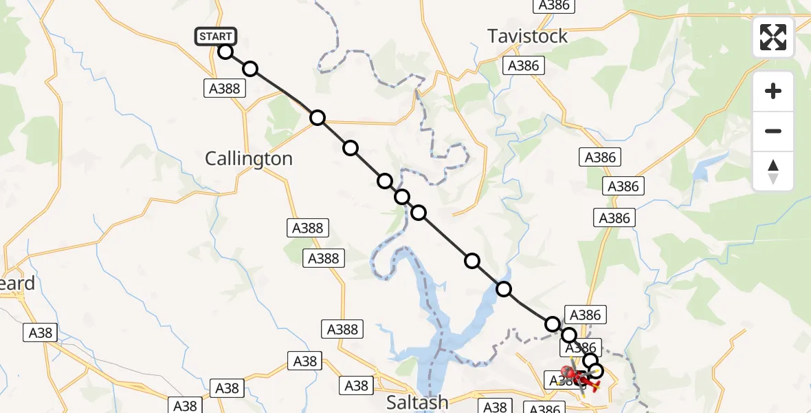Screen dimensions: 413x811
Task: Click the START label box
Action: click(x=216, y=36)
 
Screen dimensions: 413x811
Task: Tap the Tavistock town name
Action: click(x=527, y=36)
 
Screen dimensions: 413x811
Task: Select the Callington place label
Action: click(x=249, y=159)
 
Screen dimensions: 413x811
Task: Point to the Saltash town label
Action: click(x=416, y=402)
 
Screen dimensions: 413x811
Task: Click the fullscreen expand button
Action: click(x=773, y=37)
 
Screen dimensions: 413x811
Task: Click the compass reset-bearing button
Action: click(x=773, y=171)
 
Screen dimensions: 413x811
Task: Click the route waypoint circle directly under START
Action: click(x=225, y=51)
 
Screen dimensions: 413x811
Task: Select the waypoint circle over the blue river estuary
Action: click(x=504, y=289)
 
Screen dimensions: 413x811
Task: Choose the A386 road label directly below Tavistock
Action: click(x=524, y=66)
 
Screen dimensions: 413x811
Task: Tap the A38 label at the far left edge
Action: click(x=41, y=332)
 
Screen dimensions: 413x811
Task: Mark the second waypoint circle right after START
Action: click(x=250, y=69)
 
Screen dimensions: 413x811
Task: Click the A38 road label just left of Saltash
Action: click(x=356, y=385)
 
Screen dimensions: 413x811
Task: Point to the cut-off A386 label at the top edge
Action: click(x=554, y=6)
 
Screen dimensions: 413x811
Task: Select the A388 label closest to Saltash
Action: click(x=342, y=329)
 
